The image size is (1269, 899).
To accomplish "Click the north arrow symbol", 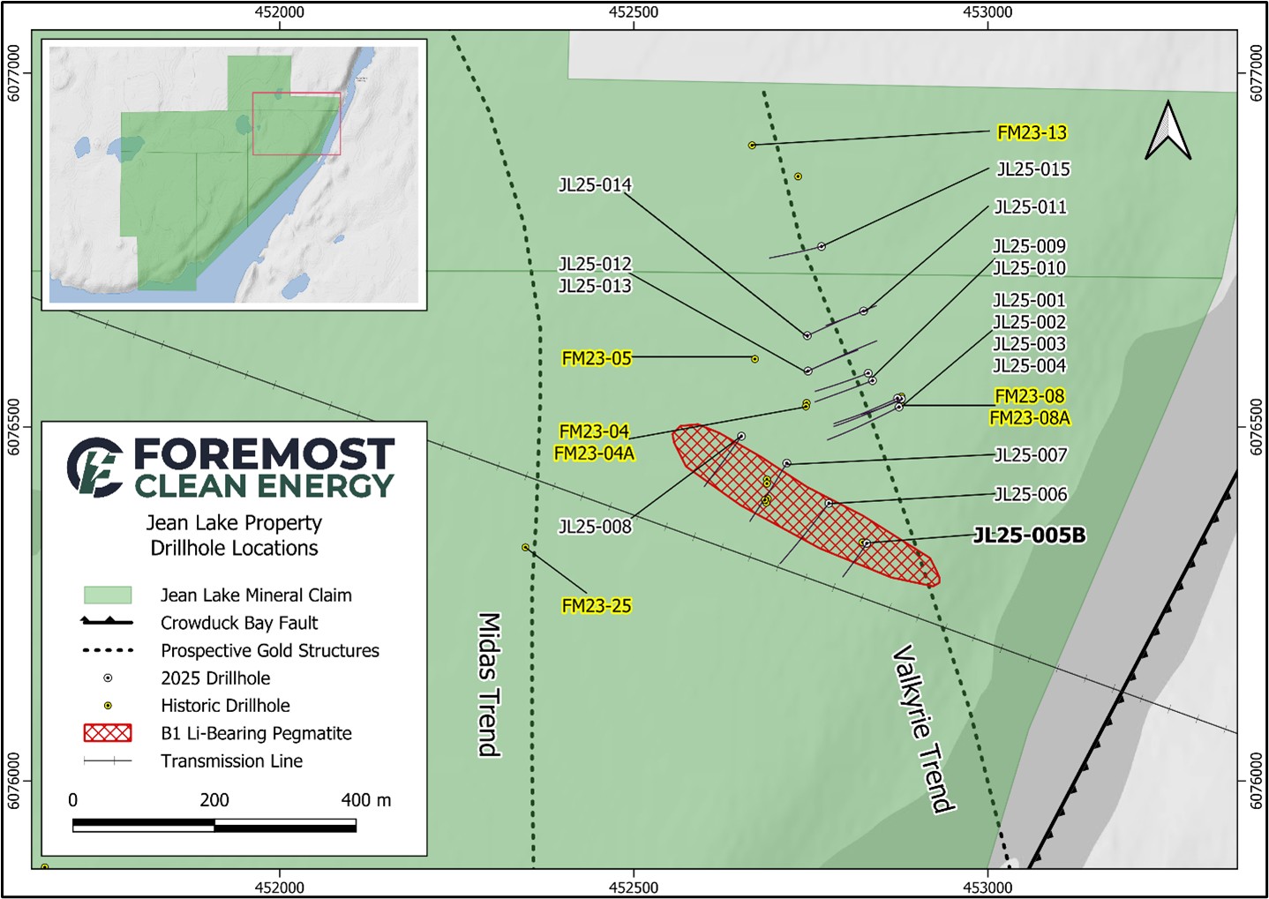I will click(1168, 131).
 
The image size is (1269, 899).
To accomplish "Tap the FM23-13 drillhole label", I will click(1032, 132).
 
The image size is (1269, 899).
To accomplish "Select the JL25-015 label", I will click(1032, 169).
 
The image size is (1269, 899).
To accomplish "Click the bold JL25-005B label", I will click(1029, 536).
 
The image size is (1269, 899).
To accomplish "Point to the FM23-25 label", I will click(597, 606).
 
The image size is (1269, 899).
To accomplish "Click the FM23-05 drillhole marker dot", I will click(755, 359).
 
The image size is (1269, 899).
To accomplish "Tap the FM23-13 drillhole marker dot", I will click(752, 145).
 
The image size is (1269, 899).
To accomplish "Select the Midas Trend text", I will click(489, 685).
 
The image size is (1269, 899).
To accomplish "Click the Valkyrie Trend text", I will click(922, 728).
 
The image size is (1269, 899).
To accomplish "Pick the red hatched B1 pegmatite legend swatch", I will click(107, 733).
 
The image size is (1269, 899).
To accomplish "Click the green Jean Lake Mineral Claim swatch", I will click(107, 595).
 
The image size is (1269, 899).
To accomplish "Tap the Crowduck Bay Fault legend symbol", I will click(107, 622).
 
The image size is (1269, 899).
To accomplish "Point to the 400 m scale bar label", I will click(365, 800).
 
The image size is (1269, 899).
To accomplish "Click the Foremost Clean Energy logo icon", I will click(95, 467).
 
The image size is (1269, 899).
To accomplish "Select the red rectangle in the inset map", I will click(297, 124).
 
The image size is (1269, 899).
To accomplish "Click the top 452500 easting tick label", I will click(634, 12).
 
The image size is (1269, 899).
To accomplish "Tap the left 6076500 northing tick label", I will click(13, 427).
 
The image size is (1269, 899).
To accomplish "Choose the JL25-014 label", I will click(595, 184).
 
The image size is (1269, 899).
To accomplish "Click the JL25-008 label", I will click(595, 527).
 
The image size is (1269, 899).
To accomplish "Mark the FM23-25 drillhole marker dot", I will click(525, 548).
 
